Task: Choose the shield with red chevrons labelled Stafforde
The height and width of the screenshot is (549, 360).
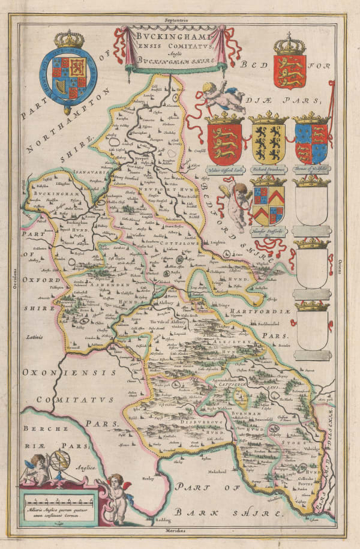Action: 268,204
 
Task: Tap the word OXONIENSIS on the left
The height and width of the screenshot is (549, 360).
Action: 60,373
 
